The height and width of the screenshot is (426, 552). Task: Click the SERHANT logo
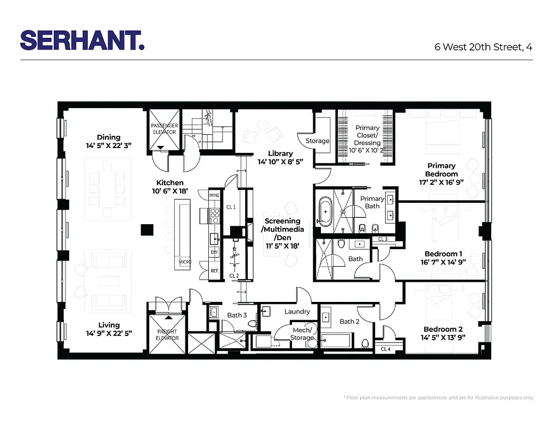coord(82,40)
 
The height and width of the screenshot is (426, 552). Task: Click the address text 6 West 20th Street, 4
coord(483,47)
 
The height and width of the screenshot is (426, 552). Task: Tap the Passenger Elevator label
coord(164,129)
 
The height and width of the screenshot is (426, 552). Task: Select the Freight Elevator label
coord(167,335)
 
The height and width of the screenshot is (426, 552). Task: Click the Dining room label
coord(109,137)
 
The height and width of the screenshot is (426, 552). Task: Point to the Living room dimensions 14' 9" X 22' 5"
coord(109,333)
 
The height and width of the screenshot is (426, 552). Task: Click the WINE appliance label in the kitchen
coord(214,195)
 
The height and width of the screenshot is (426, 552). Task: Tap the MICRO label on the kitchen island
coord(185,262)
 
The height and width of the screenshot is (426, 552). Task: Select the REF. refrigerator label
coord(215,271)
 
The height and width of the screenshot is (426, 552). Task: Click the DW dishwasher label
coord(214,251)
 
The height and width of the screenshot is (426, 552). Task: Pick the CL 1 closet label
coord(231,207)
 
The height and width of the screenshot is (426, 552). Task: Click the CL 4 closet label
coord(386,349)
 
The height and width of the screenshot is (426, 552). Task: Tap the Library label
coord(280,153)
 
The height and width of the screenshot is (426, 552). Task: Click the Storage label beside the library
coord(317,141)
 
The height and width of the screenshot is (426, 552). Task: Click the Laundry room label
coord(297,312)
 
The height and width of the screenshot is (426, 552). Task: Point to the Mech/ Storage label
coord(303,333)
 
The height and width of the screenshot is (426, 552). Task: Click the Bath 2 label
coord(350,322)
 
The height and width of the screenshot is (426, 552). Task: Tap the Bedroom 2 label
coord(443,329)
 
